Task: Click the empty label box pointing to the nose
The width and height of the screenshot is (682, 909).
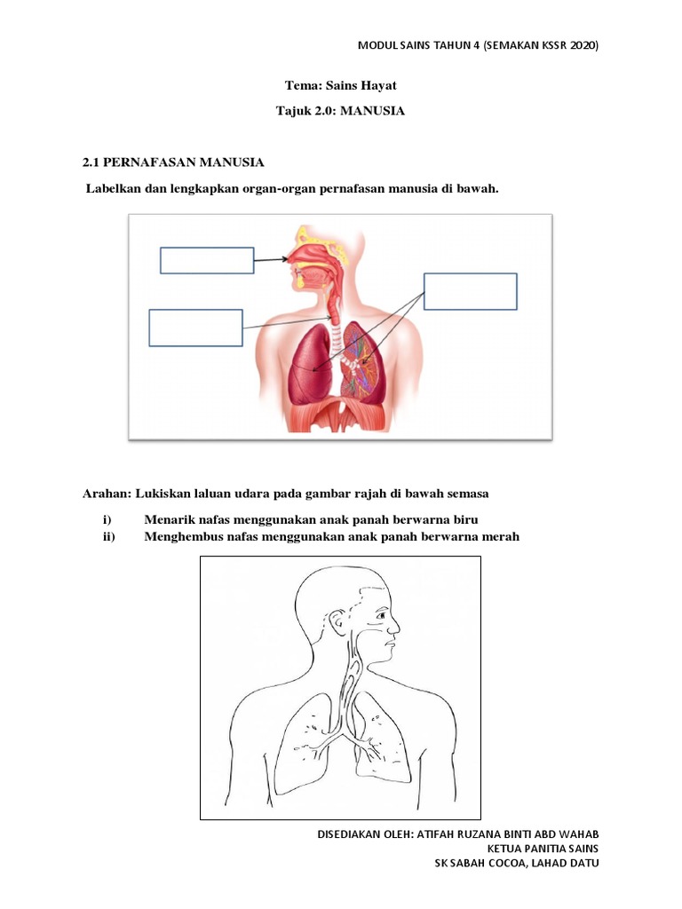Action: click(207, 260)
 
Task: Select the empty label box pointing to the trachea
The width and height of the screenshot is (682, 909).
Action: click(195, 327)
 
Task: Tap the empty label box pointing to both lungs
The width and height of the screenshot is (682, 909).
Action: click(470, 291)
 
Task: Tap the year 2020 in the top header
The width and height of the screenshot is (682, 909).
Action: click(580, 45)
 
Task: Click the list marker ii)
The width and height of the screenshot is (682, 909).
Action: click(110, 536)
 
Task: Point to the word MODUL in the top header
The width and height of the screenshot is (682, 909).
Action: click(379, 45)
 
